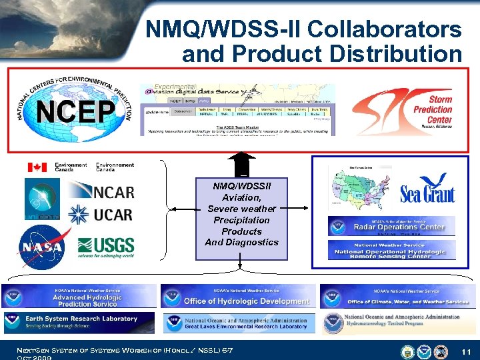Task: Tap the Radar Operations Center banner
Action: [391, 226]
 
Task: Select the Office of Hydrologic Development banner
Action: [237, 295]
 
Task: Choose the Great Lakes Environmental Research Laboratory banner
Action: [237, 323]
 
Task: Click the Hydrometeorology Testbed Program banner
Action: [398, 323]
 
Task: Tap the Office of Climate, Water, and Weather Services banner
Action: [398, 295]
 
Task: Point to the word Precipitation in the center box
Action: [242, 220]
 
